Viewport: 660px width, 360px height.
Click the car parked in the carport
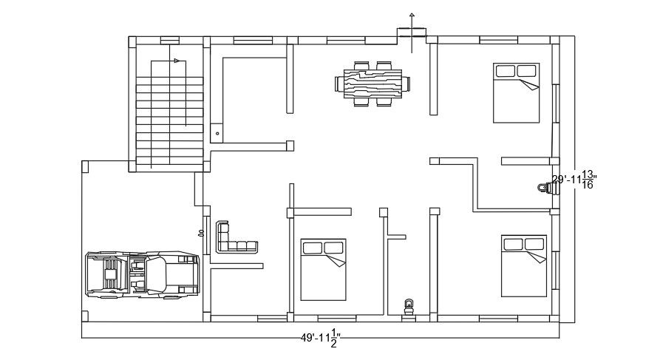(143, 274)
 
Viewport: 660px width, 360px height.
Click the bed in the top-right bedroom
(516, 92)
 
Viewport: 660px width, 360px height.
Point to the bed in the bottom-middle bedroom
(323, 269)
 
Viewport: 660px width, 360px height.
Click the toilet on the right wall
(544, 189)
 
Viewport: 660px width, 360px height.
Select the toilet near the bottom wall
(409, 306)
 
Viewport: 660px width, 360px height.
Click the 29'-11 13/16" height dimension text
(574, 180)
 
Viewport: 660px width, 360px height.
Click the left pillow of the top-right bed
(506, 71)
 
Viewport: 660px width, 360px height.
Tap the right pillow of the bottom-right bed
(534, 244)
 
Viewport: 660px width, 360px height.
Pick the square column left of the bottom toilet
(383, 212)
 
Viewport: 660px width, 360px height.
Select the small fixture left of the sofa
(201, 233)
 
